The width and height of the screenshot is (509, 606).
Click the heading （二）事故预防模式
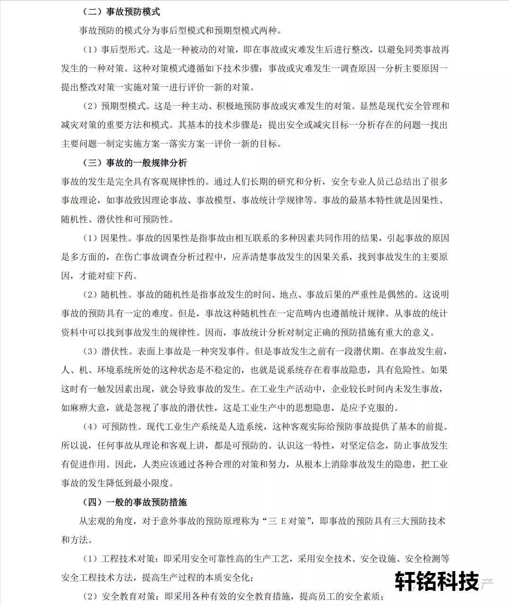[121, 12]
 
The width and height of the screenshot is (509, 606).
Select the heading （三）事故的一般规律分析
[135, 163]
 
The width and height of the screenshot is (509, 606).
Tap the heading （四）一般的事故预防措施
[135, 502]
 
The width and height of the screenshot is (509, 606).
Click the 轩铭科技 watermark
[437, 581]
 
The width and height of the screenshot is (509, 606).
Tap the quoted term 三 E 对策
[289, 521]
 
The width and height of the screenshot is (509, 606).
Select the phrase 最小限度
[155, 483]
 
